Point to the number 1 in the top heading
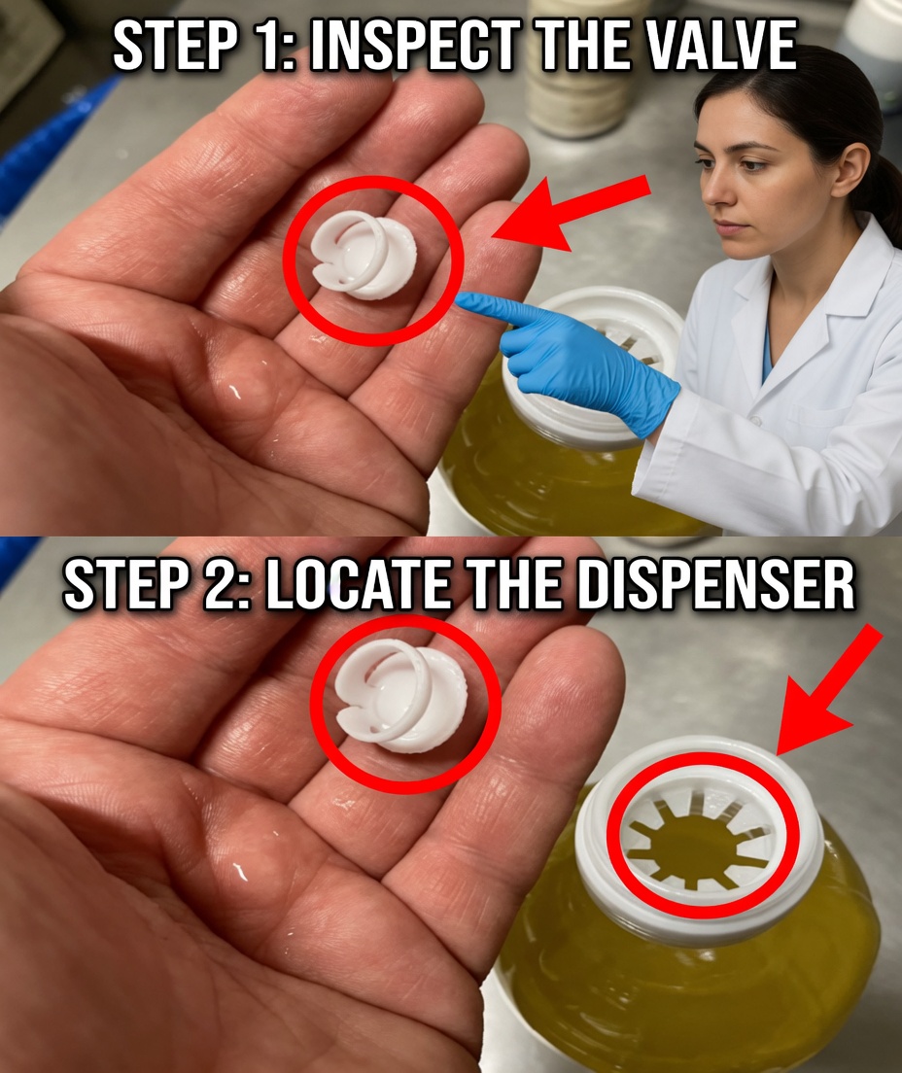pyautogui.click(x=272, y=47)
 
